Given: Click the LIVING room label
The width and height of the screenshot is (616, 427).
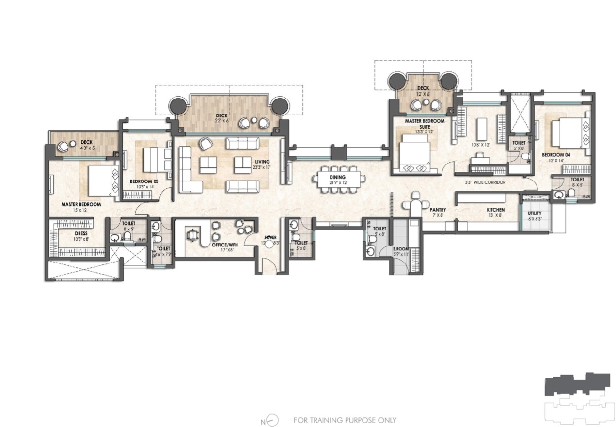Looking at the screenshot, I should click(x=264, y=162).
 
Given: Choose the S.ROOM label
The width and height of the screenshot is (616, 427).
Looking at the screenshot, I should click(x=400, y=249).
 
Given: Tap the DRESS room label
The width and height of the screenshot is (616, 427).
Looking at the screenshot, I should click(x=67, y=233).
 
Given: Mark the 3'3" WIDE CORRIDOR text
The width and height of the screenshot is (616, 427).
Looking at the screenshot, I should click(x=486, y=182).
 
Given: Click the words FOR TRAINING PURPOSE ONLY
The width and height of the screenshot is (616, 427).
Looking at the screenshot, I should click(x=345, y=420).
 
